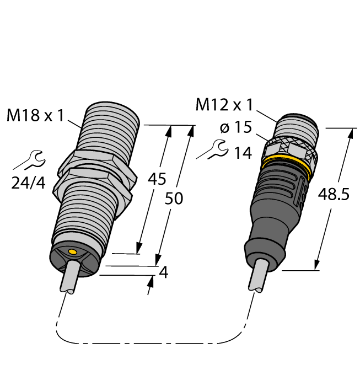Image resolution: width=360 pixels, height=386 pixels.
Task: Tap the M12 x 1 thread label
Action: (x=224, y=104)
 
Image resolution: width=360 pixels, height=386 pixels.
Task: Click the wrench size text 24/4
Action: (x=29, y=183)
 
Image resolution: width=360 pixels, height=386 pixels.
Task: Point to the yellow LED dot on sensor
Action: (x=71, y=251)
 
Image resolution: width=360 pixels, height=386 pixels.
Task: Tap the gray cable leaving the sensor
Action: (x=71, y=278)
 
